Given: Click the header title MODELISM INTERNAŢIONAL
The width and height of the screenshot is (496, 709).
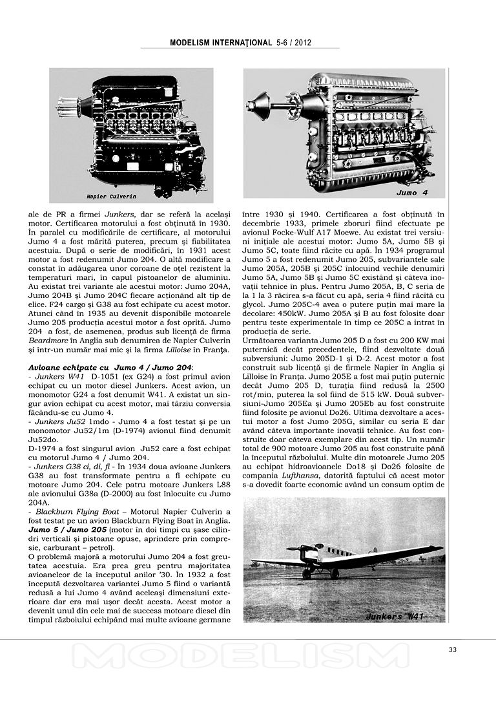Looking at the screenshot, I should coord(220,43).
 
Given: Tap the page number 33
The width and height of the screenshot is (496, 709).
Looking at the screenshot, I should coord(452,650).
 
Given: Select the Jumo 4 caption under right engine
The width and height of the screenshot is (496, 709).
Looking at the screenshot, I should coord(411,193).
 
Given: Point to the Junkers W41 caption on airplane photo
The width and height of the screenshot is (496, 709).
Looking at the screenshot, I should coord(395,616).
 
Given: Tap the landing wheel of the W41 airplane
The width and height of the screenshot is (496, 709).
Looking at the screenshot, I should coord(307,574).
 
